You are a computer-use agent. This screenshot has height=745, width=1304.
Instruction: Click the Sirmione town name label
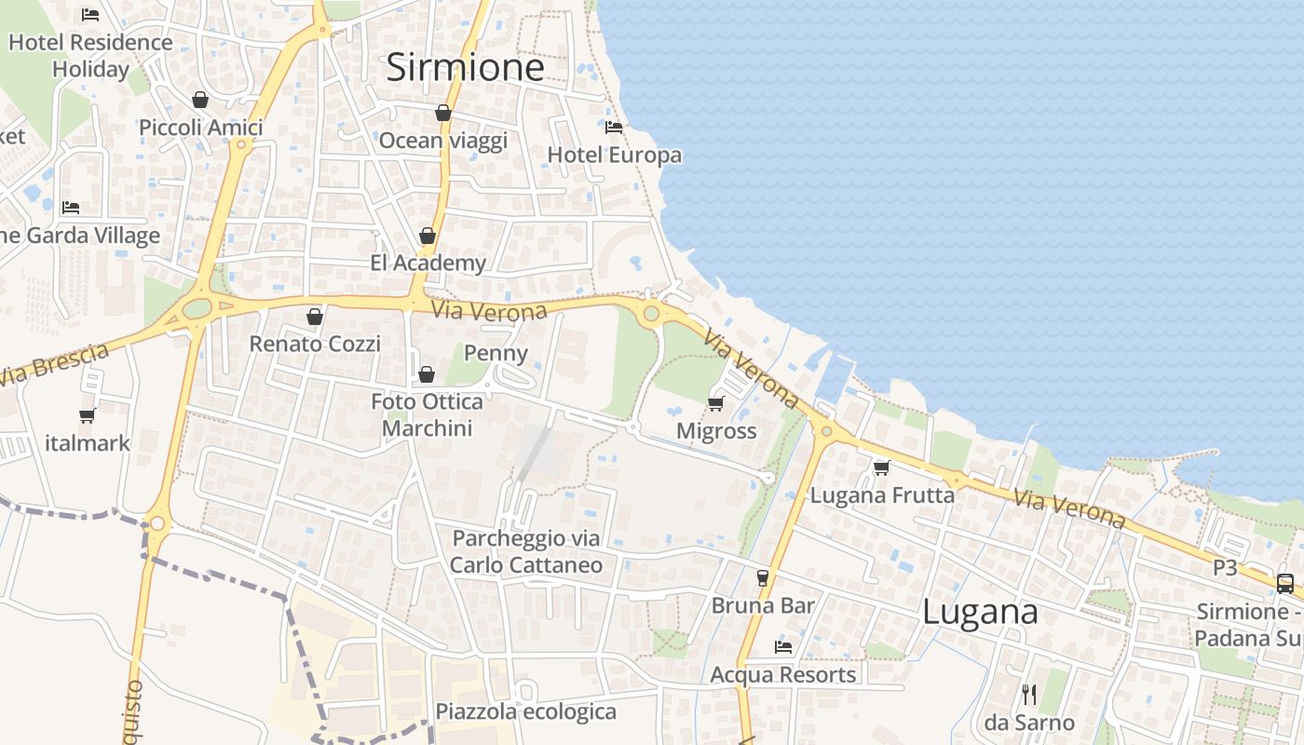[x=465, y=67]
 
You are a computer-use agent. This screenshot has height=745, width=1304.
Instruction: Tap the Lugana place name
[x=980, y=612]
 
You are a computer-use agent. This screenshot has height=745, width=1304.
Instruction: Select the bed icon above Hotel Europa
[x=613, y=128]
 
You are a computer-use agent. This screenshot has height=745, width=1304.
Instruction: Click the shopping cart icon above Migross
[x=715, y=403]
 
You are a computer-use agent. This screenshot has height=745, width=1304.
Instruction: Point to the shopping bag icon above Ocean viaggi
[x=443, y=113]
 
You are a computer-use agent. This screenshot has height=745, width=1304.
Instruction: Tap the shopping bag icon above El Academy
[x=428, y=236]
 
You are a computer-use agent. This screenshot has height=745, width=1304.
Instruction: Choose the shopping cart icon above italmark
[x=88, y=415]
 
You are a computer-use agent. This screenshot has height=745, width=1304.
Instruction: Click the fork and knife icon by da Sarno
[x=1029, y=694]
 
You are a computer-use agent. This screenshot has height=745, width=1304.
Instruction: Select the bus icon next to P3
[x=1284, y=584]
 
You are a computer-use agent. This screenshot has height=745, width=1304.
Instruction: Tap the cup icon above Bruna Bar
[x=763, y=577]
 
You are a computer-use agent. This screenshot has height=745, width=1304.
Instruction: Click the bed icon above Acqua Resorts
[x=783, y=646]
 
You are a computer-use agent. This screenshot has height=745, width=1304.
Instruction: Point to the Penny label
[x=496, y=353]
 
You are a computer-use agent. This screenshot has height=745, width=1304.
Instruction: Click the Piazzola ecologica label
[x=525, y=712]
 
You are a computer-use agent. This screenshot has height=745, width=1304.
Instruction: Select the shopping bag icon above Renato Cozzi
[x=315, y=317]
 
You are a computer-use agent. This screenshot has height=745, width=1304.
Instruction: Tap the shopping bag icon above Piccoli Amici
[x=200, y=100]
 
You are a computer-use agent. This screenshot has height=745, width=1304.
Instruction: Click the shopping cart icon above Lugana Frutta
[x=881, y=467]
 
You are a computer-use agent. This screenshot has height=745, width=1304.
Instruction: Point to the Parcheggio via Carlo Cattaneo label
[x=526, y=551]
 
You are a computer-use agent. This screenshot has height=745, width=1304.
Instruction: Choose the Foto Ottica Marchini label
[x=427, y=415]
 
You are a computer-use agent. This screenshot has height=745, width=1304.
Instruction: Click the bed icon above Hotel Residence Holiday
[x=90, y=14]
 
